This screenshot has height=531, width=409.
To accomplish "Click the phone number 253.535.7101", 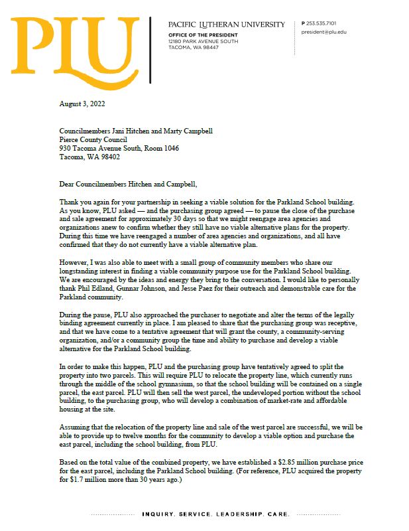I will click(321, 23).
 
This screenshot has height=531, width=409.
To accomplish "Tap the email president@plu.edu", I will click(323, 32).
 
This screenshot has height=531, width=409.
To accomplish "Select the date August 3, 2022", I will click(82, 104).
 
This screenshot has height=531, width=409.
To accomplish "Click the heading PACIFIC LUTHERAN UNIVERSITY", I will click(226, 25).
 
